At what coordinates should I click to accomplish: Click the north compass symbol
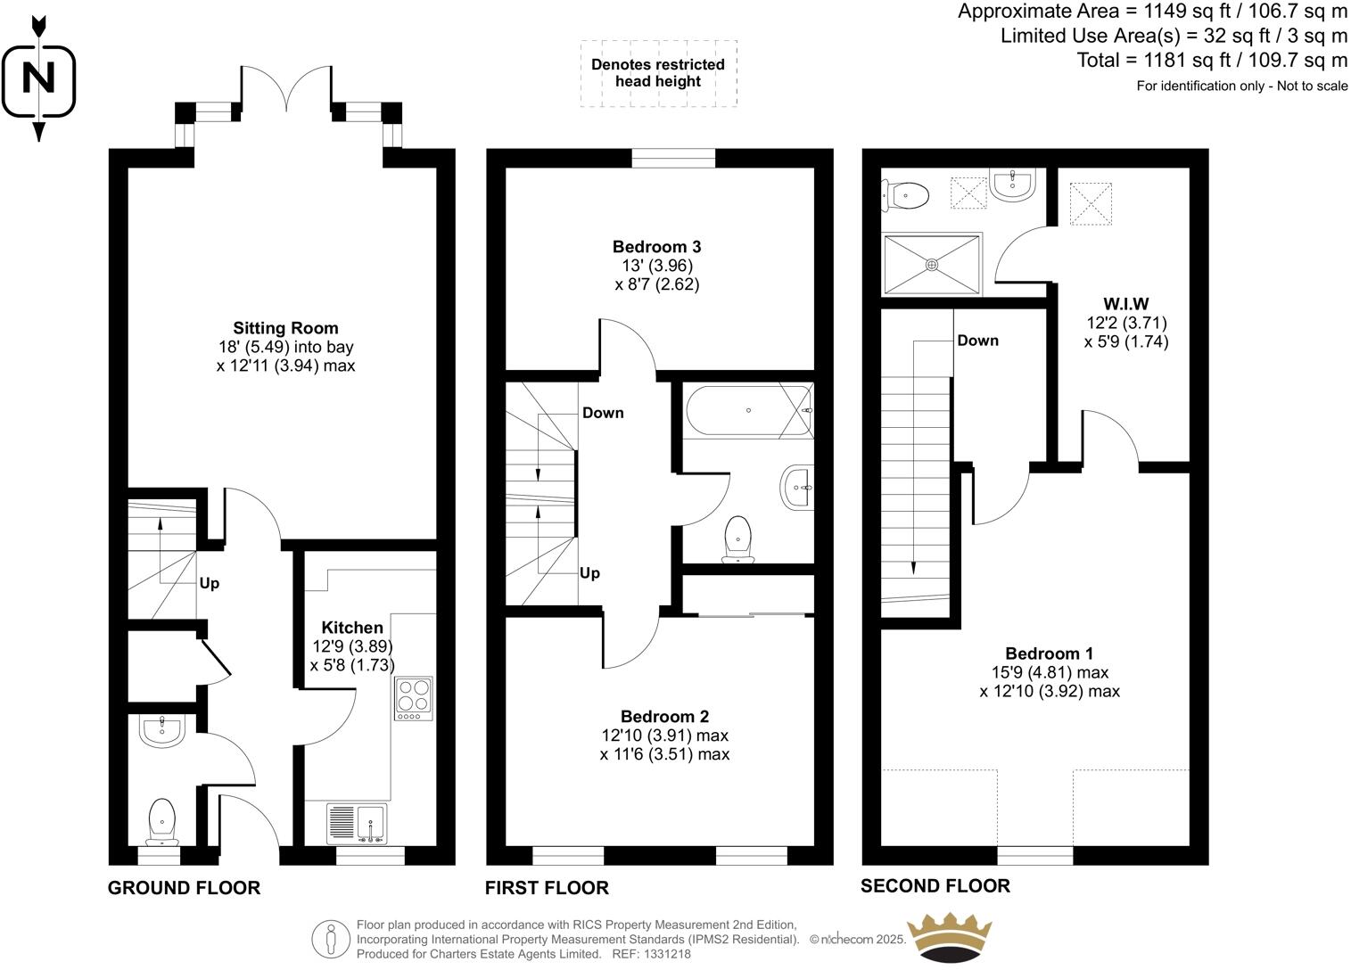click(38, 78)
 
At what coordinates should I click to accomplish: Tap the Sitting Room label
click(285, 328)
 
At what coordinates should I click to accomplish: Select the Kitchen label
click(352, 628)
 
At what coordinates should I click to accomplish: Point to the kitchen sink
click(358, 823)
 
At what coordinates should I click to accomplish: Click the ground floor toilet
click(161, 820)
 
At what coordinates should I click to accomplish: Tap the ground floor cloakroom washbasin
click(161, 731)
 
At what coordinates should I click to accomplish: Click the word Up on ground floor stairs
click(209, 583)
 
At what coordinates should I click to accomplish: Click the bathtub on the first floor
click(748, 411)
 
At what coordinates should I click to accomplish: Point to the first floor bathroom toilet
click(738, 540)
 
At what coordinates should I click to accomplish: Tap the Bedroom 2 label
click(664, 717)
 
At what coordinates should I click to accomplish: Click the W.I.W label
click(1125, 304)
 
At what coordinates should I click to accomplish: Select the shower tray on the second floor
click(932, 264)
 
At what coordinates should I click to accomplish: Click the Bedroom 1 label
click(1050, 654)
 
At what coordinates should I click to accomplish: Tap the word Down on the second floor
click(977, 341)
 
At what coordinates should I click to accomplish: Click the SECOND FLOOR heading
click(935, 885)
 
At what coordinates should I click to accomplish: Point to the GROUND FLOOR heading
click(184, 888)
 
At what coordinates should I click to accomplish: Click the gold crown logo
click(949, 936)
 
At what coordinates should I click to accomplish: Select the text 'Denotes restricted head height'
click(658, 73)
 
